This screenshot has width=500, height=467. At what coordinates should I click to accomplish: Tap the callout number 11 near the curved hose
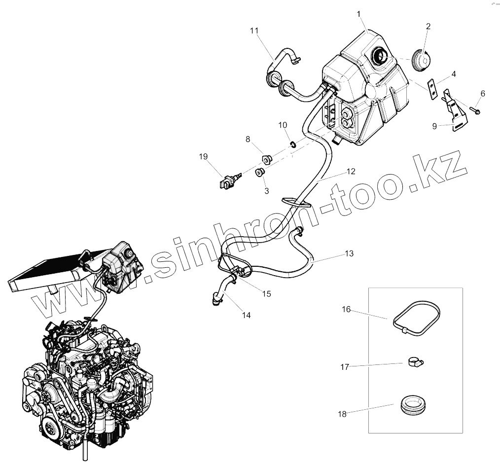click(x=254, y=31)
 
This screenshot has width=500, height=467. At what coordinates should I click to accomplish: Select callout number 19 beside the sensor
click(x=203, y=157)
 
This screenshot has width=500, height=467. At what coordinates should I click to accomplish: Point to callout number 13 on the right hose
click(x=349, y=254)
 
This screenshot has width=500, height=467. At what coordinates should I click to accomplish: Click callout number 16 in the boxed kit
click(x=346, y=309)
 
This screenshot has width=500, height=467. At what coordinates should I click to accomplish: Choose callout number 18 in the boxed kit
click(x=343, y=414)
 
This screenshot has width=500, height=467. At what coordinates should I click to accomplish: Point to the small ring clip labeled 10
click(x=292, y=144)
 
